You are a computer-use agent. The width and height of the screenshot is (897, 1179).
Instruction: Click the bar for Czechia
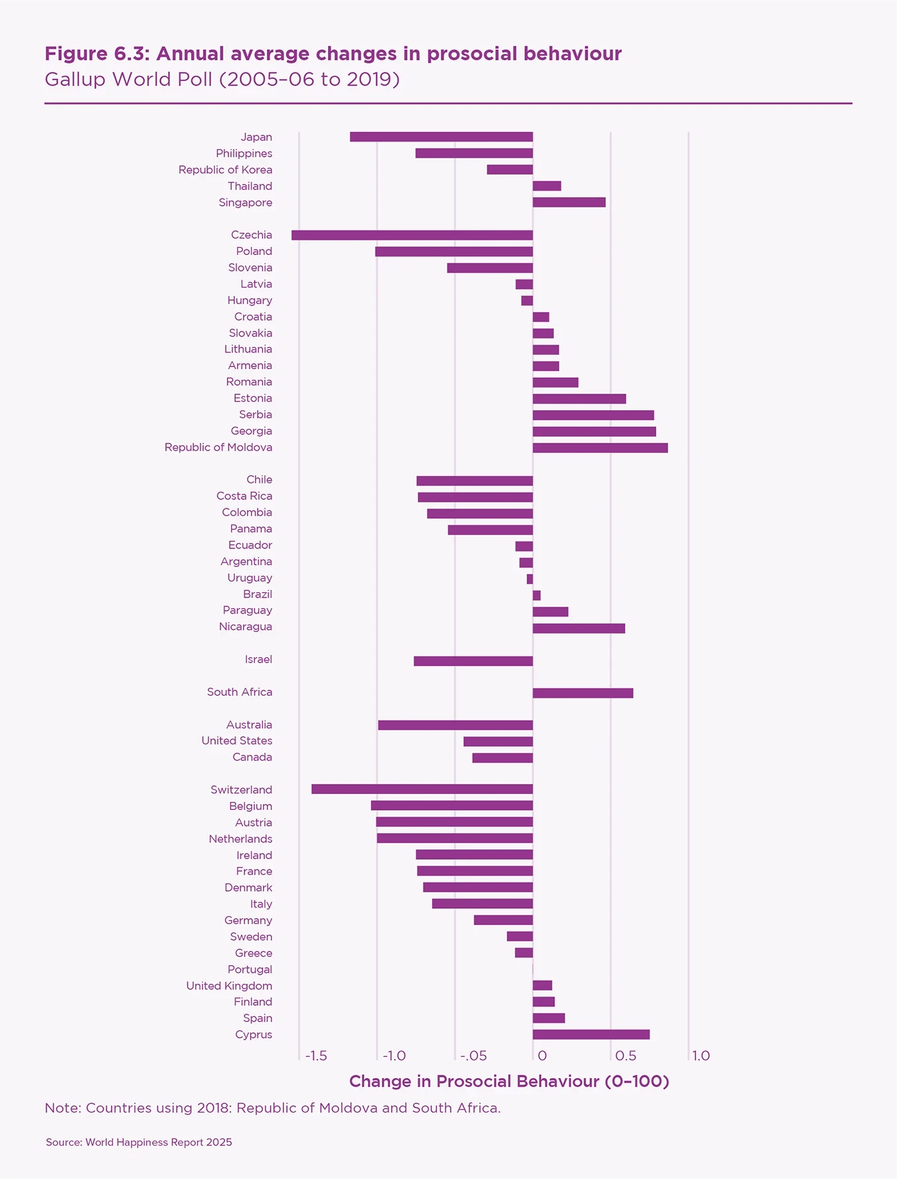(412, 235)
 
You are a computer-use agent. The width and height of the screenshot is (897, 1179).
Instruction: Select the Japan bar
(441, 137)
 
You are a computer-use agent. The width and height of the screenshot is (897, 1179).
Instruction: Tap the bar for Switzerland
(422, 789)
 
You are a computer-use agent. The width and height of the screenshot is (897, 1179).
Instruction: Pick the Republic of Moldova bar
(600, 448)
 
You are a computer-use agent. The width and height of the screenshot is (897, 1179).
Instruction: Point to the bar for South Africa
(583, 693)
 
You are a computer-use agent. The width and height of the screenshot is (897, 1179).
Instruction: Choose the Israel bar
(473, 661)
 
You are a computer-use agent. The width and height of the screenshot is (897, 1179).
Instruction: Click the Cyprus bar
(591, 1034)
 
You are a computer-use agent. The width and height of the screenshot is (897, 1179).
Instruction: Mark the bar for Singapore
(569, 202)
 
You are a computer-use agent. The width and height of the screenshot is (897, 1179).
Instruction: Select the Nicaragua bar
(579, 628)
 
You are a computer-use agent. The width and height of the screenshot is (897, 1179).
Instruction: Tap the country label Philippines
(244, 153)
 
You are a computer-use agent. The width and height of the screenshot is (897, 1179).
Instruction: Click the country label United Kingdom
(229, 986)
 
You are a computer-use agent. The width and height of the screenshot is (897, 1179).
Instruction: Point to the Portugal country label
(250, 969)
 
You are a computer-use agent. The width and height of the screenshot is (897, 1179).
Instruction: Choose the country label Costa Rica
(244, 496)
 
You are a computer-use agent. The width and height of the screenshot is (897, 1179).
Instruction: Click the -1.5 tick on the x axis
(316, 1056)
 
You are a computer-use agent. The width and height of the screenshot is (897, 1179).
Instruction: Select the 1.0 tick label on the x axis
(700, 1056)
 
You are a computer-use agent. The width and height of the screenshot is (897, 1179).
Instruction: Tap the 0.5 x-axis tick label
(625, 1056)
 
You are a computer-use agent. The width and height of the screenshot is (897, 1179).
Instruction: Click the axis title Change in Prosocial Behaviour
(509, 1081)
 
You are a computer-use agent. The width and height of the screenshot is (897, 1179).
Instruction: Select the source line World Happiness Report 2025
(139, 1142)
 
